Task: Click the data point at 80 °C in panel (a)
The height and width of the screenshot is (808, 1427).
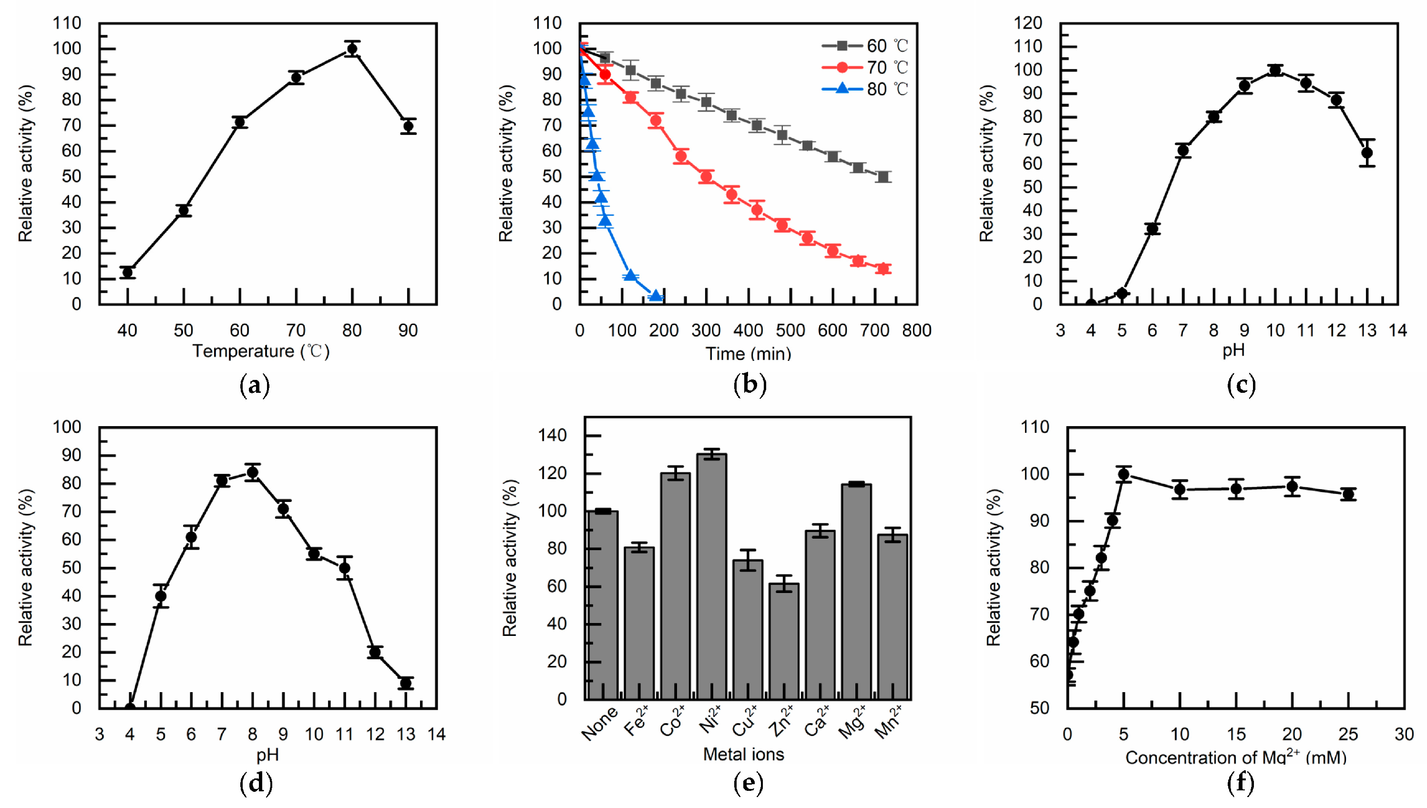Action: (351, 49)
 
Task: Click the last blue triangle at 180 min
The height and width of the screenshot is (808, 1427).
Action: (656, 296)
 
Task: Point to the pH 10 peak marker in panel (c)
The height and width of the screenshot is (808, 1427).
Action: (1275, 71)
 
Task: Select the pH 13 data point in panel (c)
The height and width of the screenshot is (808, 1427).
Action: (1367, 153)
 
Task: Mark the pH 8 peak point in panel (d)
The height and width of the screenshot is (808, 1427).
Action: (253, 472)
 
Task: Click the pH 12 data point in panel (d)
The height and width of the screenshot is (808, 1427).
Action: (375, 652)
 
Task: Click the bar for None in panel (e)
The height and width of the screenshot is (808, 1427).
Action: (603, 605)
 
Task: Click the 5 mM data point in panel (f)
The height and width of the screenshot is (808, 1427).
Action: (1124, 474)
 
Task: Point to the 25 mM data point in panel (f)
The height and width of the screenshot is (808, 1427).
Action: (1348, 494)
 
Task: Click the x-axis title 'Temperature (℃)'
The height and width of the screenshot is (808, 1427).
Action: (261, 351)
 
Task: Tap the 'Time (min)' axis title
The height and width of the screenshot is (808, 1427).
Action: (748, 354)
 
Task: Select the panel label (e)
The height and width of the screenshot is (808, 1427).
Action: (748, 783)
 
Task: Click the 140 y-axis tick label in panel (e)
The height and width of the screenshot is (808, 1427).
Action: (553, 436)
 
